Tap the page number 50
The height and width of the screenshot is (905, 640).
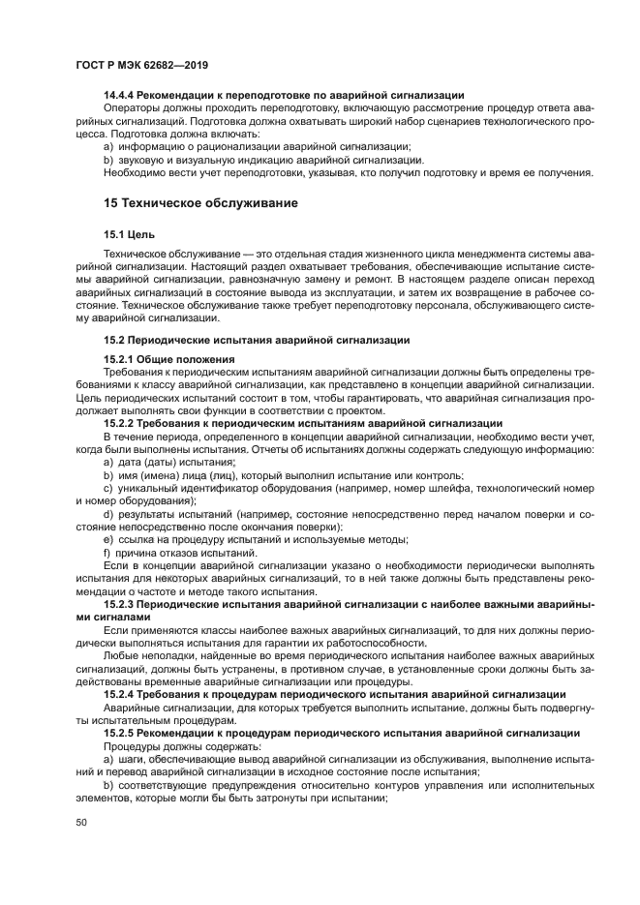81,821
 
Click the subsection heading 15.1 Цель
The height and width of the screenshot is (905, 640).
129,235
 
